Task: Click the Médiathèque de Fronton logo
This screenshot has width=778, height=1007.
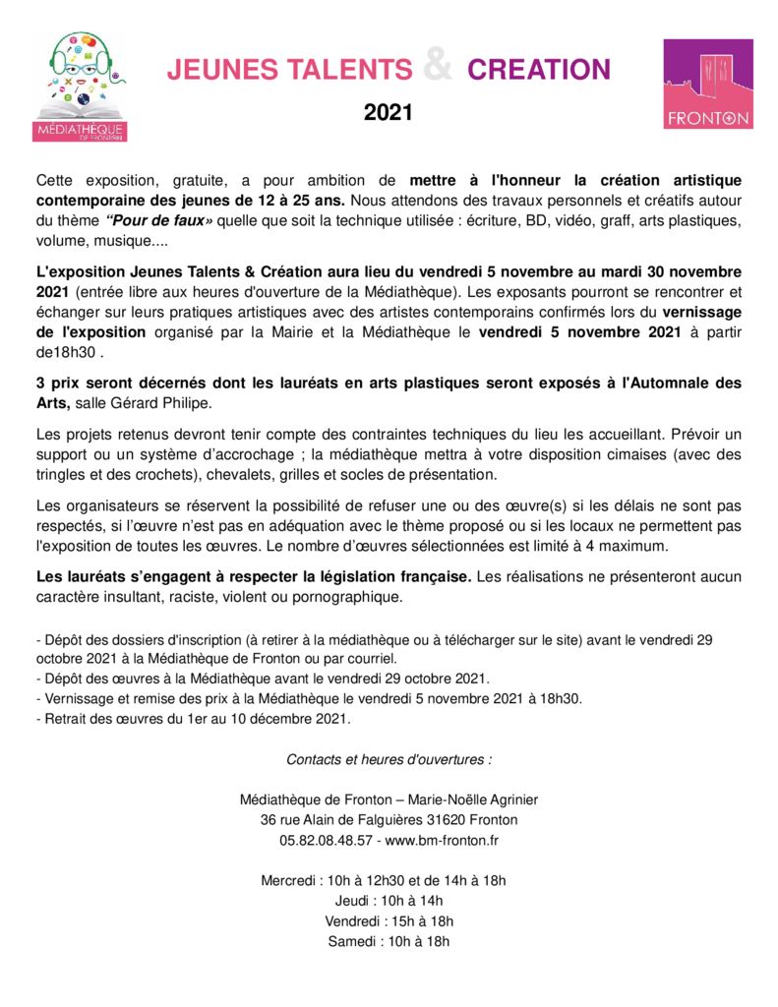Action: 80,87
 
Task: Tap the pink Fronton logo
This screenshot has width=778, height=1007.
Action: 708,85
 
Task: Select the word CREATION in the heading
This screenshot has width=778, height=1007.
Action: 539,70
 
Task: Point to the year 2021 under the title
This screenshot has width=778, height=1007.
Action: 389,113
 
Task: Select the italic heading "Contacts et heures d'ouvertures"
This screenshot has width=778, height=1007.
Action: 389,759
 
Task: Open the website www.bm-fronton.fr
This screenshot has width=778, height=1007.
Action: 442,840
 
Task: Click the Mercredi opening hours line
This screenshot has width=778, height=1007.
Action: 384,880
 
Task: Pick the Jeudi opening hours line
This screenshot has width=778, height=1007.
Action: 389,901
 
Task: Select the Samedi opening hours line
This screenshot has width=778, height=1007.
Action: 389,941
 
